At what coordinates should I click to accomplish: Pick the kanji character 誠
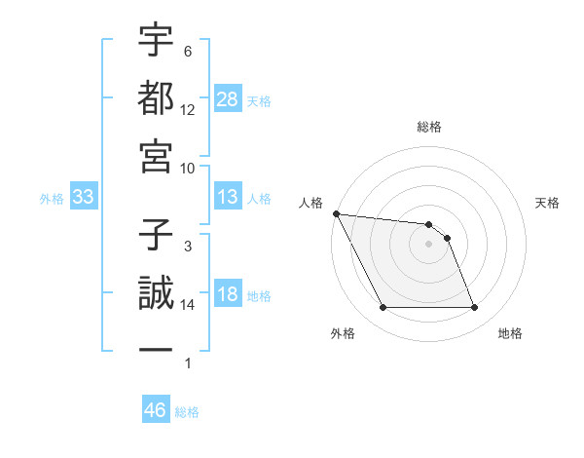click(x=156, y=292)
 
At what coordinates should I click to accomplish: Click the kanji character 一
click(x=156, y=349)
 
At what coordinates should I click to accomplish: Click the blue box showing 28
click(x=227, y=99)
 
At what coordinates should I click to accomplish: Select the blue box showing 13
click(x=227, y=198)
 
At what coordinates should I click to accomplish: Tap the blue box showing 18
click(x=227, y=295)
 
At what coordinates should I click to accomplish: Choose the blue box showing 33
click(x=84, y=198)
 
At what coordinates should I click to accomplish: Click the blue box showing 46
click(x=155, y=410)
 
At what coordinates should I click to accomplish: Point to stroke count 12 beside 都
click(x=188, y=110)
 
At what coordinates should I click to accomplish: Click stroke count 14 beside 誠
click(x=188, y=305)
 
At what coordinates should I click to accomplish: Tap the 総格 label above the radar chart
click(x=429, y=127)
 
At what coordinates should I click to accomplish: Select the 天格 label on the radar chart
click(x=548, y=203)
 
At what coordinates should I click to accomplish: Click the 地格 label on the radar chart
click(x=510, y=334)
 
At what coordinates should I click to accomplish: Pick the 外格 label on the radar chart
click(x=343, y=334)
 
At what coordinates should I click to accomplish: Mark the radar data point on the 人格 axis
click(x=336, y=213)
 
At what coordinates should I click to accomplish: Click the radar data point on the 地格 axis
click(x=475, y=308)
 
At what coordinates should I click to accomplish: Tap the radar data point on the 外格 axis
click(x=383, y=308)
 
